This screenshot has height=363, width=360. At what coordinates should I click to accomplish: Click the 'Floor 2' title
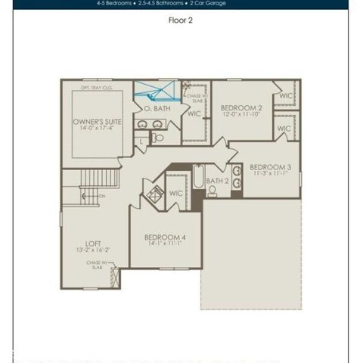(x=180, y=20)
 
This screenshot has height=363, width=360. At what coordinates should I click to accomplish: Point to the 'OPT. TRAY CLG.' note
(x=97, y=88)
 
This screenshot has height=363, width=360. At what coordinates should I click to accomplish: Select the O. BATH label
(x=157, y=109)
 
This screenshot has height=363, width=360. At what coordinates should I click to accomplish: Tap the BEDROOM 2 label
(x=241, y=109)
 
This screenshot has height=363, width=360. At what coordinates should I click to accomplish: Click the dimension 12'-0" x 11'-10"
(x=241, y=117)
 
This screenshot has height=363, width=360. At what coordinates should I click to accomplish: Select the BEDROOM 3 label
(x=270, y=167)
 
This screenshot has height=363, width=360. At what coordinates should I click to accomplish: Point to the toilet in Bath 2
(x=213, y=191)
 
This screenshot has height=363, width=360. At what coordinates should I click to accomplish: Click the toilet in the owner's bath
(x=158, y=138)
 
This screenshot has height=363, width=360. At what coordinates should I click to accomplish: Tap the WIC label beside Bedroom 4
(x=176, y=194)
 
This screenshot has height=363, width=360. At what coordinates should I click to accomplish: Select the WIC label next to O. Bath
(x=194, y=114)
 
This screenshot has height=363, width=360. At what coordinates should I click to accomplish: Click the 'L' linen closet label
(x=142, y=141)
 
